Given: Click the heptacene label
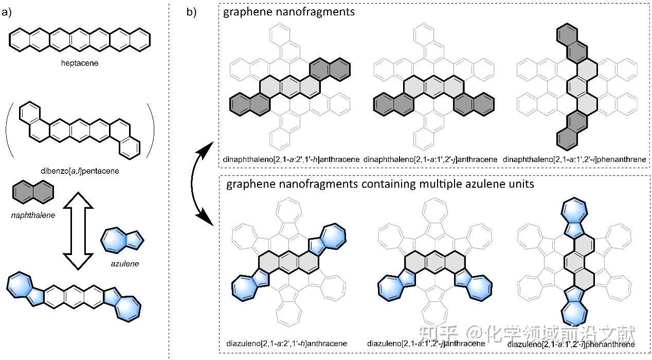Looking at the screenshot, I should (x=79, y=63).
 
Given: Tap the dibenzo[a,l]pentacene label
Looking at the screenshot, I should (x=80, y=170).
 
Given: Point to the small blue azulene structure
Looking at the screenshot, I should (x=122, y=239).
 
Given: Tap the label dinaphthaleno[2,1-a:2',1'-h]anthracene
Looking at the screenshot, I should (x=293, y=160).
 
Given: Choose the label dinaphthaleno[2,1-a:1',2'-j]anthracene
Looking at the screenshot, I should (x=430, y=160).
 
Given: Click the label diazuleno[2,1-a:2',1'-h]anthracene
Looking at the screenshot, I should (x=286, y=343).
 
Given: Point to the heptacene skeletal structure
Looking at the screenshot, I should (x=79, y=39).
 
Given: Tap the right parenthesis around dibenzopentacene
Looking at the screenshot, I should (x=151, y=129).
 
